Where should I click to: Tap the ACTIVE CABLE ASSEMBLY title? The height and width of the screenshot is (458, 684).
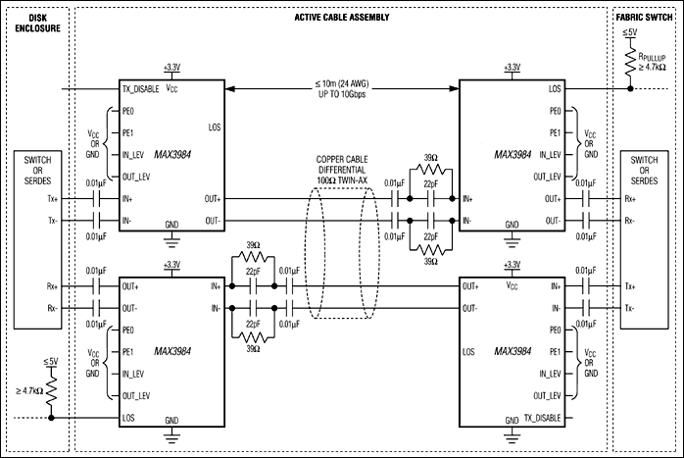[x=341, y=18]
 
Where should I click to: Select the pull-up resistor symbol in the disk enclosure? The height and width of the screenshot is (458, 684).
[x=49, y=391]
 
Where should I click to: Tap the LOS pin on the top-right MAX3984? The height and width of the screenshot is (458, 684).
[x=557, y=87]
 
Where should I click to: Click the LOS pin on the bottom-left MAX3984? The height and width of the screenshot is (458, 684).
[x=129, y=417]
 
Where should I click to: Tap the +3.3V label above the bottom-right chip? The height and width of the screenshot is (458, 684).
[x=512, y=265]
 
